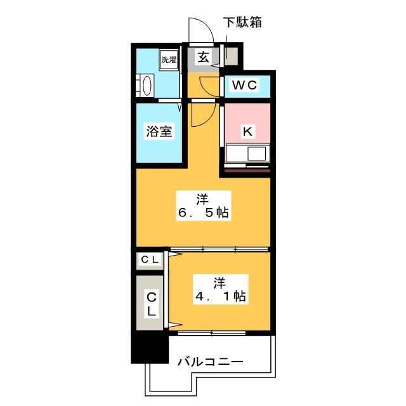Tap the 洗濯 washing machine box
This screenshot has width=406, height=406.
[168, 60]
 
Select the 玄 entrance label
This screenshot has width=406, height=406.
[202, 57]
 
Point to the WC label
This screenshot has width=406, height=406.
[244, 86]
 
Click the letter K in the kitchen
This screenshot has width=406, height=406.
[248, 131]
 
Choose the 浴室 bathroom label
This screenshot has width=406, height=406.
[159, 132]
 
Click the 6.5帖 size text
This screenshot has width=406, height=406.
[203, 214]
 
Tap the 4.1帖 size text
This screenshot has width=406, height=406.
[220, 295]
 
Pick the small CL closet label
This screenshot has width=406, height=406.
[150, 259]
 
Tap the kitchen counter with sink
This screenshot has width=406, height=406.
[248, 154]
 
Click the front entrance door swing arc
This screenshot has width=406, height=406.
[197, 29]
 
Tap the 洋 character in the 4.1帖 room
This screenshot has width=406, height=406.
[220, 280]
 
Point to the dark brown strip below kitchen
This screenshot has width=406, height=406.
[248, 170]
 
